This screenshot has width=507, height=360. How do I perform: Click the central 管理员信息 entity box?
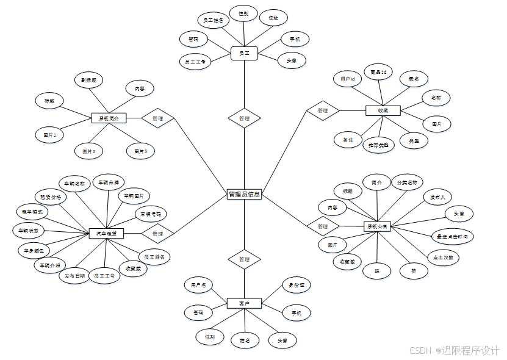click(x=244, y=195)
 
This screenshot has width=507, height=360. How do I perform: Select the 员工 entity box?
click(x=244, y=54)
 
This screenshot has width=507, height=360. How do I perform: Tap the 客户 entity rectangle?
click(x=244, y=303)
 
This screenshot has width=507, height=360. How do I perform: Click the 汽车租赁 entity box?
click(x=106, y=233)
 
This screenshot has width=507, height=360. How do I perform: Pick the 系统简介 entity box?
click(x=109, y=118)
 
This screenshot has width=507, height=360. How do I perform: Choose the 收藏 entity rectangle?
click(x=383, y=110)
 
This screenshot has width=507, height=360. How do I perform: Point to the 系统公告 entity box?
click(x=376, y=226)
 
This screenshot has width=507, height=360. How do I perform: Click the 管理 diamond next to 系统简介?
click(x=157, y=118)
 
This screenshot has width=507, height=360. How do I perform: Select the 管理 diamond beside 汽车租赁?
click(x=157, y=233)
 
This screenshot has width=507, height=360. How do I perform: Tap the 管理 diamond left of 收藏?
click(x=323, y=110)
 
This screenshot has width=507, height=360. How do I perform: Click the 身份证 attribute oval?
click(x=296, y=285)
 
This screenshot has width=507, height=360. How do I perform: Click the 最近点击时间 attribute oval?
click(x=451, y=236)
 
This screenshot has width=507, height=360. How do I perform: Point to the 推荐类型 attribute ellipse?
click(x=378, y=145)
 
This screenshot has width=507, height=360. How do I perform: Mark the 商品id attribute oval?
click(x=378, y=72)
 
